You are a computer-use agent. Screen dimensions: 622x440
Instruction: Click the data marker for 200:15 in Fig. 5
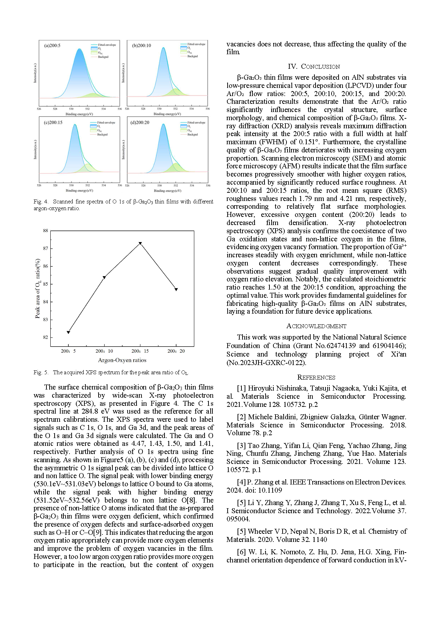(x=140, y=243)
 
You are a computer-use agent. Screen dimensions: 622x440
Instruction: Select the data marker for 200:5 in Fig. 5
(x=68, y=332)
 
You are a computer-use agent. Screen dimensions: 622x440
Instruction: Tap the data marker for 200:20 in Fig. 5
(x=176, y=290)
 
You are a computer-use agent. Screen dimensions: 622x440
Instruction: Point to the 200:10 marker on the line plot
(x=104, y=278)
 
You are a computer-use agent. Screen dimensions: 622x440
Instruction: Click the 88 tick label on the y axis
(x=45, y=231)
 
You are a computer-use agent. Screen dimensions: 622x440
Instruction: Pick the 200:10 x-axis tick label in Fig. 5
(x=104, y=351)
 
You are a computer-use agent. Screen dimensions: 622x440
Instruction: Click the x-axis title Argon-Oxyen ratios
(x=122, y=360)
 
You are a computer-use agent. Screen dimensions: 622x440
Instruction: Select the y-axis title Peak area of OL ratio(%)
(x=38, y=288)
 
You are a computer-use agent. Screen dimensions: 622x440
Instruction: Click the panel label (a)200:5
(x=52, y=46)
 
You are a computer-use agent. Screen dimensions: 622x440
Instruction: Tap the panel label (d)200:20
(x=140, y=123)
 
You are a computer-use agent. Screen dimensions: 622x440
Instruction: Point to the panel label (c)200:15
(x=53, y=123)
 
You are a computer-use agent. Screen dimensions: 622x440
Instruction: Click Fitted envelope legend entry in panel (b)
(x=196, y=44)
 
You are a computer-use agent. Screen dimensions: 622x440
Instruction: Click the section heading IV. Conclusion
(x=314, y=67)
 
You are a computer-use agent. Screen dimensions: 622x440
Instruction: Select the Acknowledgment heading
(x=316, y=326)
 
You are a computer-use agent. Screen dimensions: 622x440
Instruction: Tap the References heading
(x=316, y=377)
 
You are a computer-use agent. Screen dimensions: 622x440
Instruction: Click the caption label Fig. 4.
(x=41, y=202)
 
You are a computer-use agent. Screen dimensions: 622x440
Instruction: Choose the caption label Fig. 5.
(x=41, y=372)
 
